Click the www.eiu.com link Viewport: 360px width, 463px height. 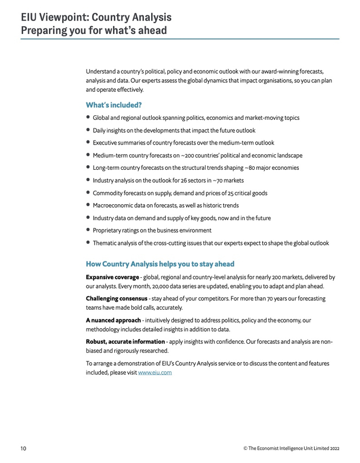[155, 372]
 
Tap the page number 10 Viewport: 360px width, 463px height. [24, 449]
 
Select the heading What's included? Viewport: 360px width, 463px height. [113, 105]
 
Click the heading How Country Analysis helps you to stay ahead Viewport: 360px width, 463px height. [160, 264]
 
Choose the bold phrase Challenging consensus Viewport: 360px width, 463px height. [116, 298]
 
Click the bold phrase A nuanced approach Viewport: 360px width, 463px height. [113, 320]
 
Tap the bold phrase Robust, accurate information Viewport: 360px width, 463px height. [125, 342]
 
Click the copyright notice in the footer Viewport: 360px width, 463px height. [292, 449]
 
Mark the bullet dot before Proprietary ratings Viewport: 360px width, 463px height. [88, 230]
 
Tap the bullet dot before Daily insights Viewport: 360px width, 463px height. [88, 130]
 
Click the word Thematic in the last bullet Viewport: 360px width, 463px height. [106, 243]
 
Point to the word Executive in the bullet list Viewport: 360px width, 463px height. [106, 143]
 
